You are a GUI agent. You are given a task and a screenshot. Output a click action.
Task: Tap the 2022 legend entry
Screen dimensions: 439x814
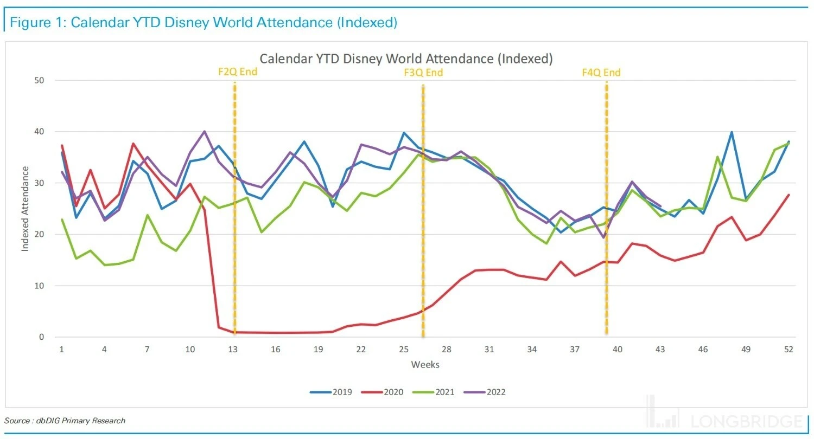[x=489, y=392]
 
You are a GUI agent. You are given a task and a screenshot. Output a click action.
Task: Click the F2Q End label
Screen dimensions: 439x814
[x=237, y=72]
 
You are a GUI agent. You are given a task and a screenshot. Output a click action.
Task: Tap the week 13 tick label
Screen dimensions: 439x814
[x=233, y=350]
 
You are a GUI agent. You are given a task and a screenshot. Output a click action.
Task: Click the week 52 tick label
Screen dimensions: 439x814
[x=788, y=350]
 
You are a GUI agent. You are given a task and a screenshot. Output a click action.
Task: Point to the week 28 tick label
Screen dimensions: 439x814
[x=446, y=350]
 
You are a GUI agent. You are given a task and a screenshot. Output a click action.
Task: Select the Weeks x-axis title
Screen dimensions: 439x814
[x=425, y=364]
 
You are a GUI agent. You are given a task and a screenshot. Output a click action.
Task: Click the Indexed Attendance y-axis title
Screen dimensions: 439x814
[x=26, y=209]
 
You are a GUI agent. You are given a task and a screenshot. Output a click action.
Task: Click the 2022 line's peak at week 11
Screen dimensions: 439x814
[x=204, y=131]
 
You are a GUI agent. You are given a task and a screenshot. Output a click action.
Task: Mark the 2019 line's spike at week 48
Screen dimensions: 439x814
[x=732, y=132]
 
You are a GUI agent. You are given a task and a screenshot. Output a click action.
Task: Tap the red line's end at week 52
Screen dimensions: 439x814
[x=788, y=195]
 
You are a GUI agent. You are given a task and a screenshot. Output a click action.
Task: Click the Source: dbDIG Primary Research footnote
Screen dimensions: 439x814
[x=65, y=421]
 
